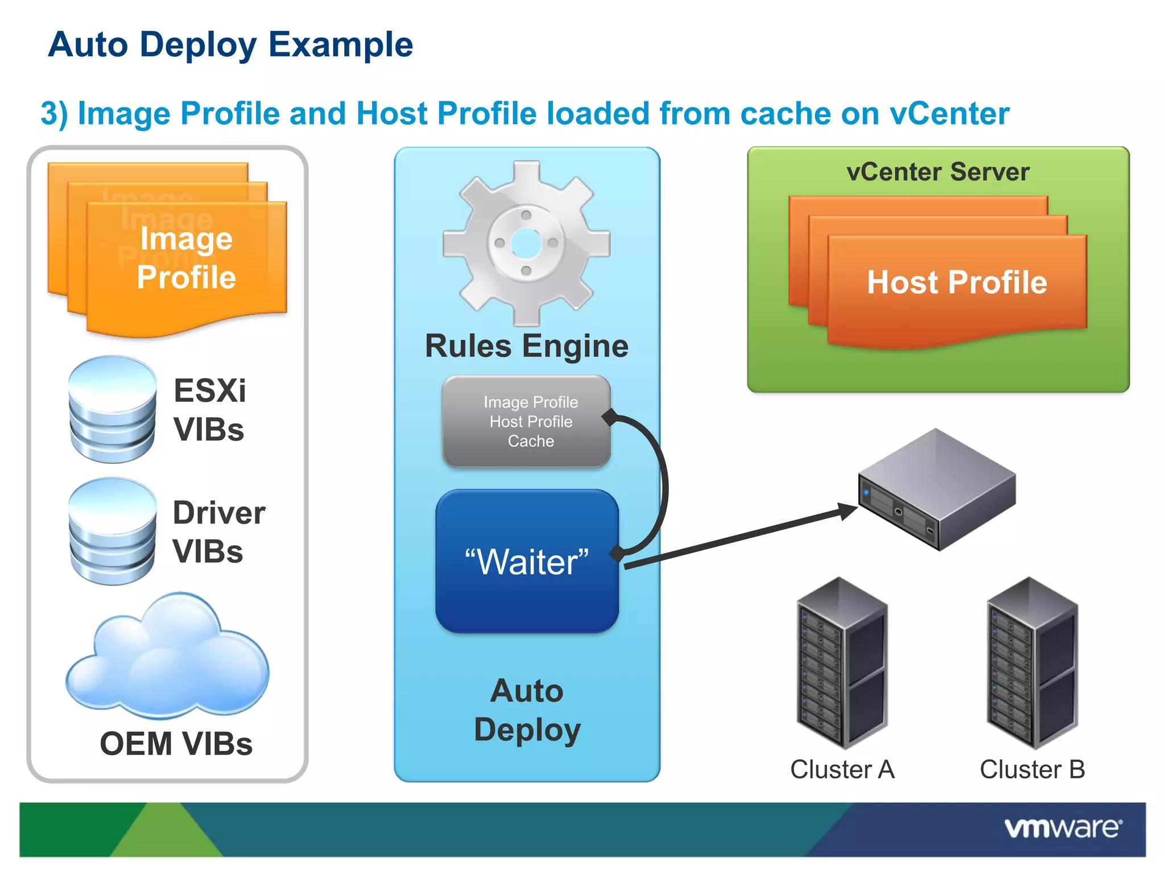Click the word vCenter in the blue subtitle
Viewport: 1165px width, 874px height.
[x=949, y=113]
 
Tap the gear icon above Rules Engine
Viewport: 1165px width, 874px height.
[x=526, y=244]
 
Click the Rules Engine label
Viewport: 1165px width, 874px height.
[x=526, y=346]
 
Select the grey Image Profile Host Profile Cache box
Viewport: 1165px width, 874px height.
[x=526, y=422]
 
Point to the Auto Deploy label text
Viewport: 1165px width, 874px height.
[x=527, y=710]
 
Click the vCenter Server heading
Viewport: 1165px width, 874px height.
[x=937, y=172]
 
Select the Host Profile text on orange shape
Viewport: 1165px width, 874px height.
[x=957, y=282]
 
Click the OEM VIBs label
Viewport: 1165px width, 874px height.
[x=176, y=744]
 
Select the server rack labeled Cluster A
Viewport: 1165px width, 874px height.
[x=842, y=663]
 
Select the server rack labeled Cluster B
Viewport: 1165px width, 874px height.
[x=1032, y=663]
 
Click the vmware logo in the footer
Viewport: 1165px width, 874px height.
[x=1063, y=828]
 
